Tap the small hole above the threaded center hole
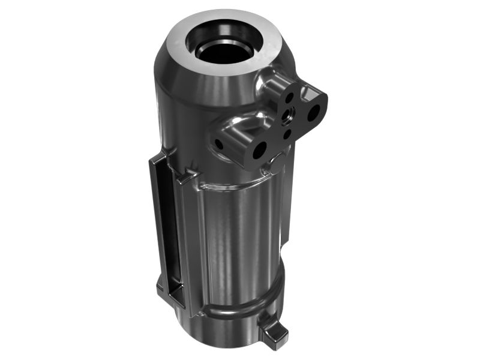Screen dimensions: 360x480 coord(289,96)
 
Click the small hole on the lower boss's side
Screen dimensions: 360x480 coord(218,144)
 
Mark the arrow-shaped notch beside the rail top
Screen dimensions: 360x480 coord(191,175)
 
